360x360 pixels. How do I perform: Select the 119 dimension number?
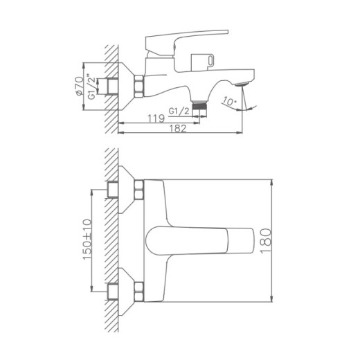coord(156,118)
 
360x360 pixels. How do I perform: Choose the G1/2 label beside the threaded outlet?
coord(178,109)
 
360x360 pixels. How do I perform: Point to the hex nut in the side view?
coord(139,85)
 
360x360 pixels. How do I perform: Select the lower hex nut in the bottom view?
coord(139,290)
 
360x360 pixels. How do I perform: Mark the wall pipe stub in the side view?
coord(111,85)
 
